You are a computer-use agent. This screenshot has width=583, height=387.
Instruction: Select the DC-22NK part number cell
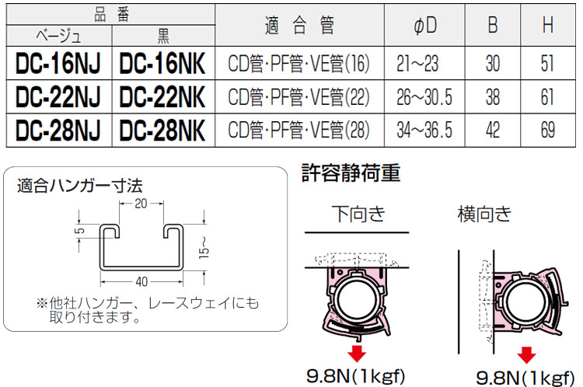(x=162, y=97)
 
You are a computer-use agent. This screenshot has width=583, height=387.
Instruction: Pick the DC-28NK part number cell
(x=162, y=129)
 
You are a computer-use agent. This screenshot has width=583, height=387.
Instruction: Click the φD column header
(x=424, y=26)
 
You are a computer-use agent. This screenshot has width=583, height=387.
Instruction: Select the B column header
(x=492, y=26)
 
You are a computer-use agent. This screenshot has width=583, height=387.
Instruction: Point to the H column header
(x=547, y=26)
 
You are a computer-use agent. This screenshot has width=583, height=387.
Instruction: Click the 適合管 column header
(x=299, y=26)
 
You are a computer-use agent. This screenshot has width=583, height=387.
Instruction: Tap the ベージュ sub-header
(x=58, y=37)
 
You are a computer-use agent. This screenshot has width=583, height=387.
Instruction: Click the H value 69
(x=547, y=129)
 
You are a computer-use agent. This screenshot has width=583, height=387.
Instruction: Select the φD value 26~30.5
(x=424, y=97)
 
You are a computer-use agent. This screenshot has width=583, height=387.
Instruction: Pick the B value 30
(x=492, y=64)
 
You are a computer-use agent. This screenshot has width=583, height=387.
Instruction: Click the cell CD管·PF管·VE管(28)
(x=298, y=129)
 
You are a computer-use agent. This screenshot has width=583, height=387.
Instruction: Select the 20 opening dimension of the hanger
(x=141, y=203)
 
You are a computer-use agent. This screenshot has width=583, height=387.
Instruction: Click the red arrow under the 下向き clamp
(x=357, y=354)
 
